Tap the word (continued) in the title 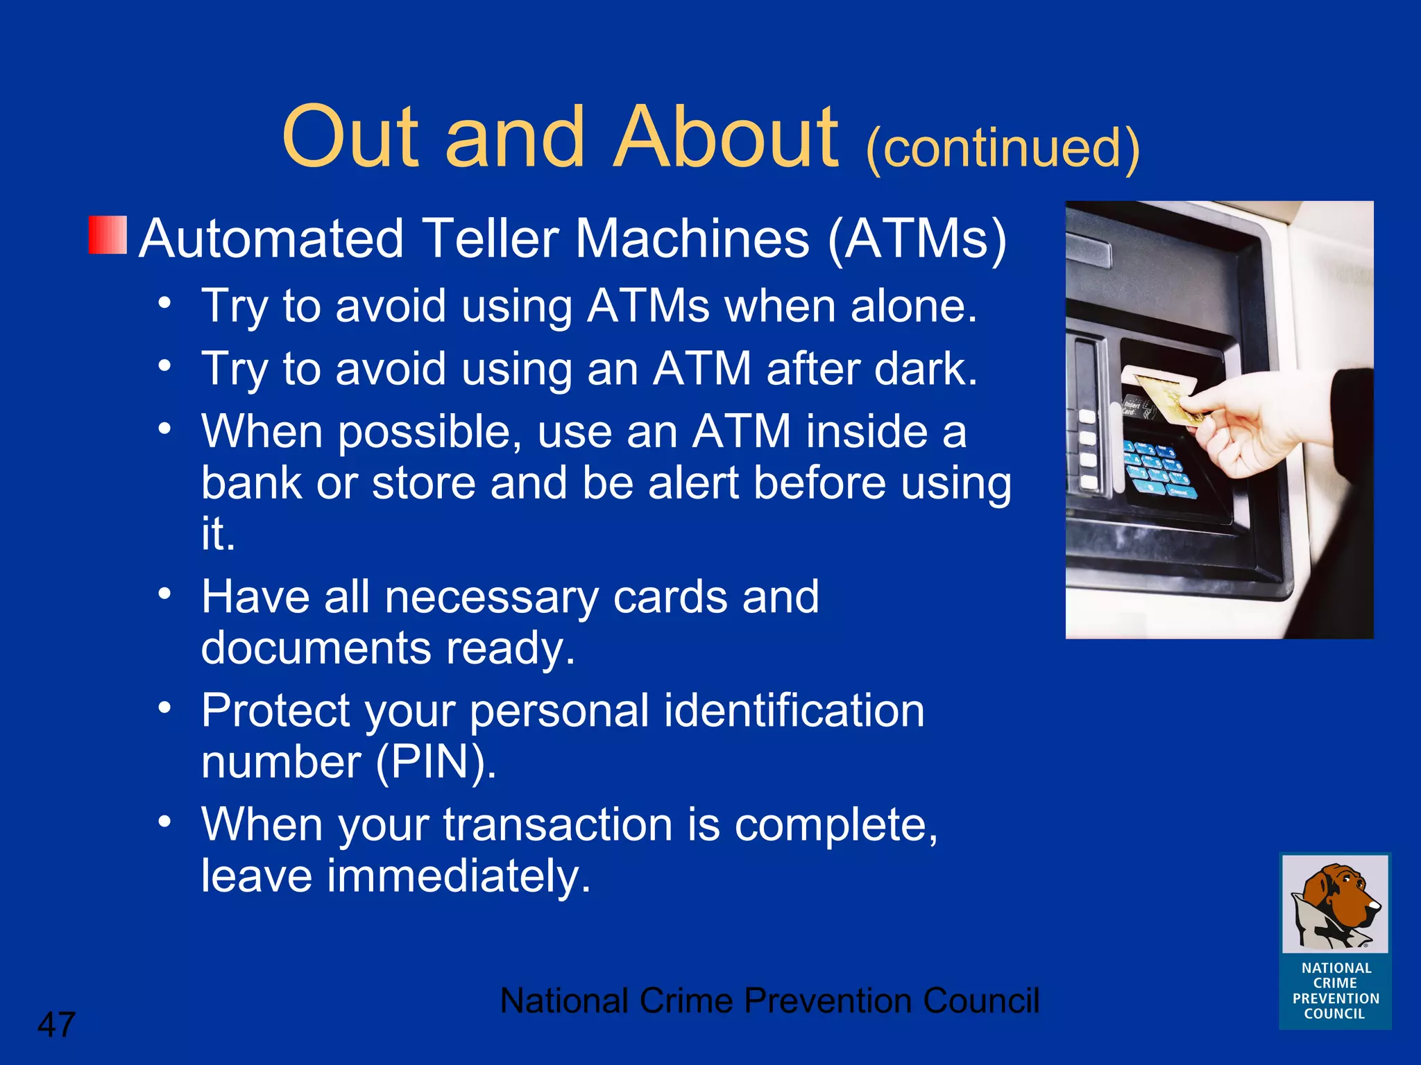[x=1003, y=148]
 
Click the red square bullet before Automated [x=108, y=235]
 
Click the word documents [x=316, y=648]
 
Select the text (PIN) [x=436, y=762]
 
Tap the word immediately [x=458, y=876]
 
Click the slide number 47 [x=56, y=1024]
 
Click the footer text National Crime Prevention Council [x=769, y=1001]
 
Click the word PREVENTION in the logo [x=1335, y=998]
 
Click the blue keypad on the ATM [x=1159, y=468]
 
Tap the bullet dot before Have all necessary [x=164, y=594]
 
